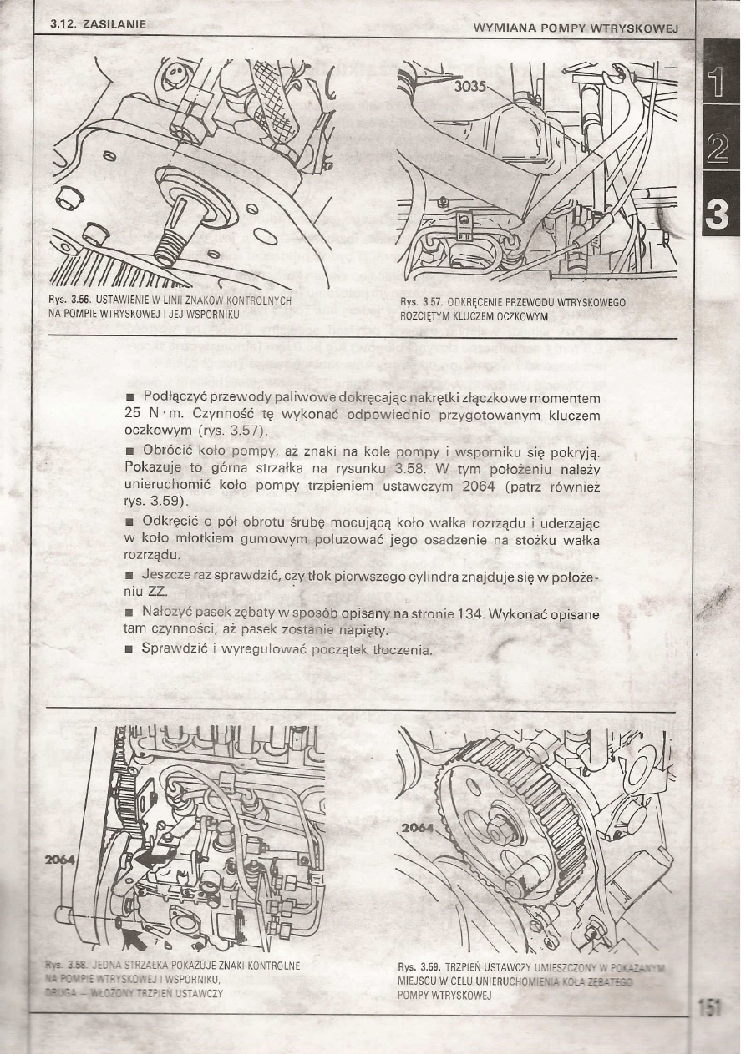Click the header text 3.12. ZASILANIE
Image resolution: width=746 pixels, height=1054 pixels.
click(x=98, y=24)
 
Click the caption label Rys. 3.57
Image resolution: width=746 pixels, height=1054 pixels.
click(x=420, y=302)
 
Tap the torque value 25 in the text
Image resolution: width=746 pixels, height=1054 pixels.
click(x=131, y=414)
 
